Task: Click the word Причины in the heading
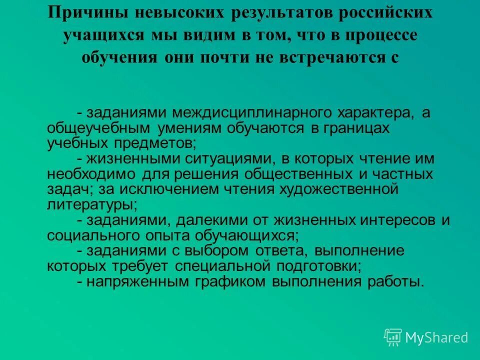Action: (81, 12)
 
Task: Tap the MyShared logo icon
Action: (393, 337)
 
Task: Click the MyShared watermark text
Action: (436, 338)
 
